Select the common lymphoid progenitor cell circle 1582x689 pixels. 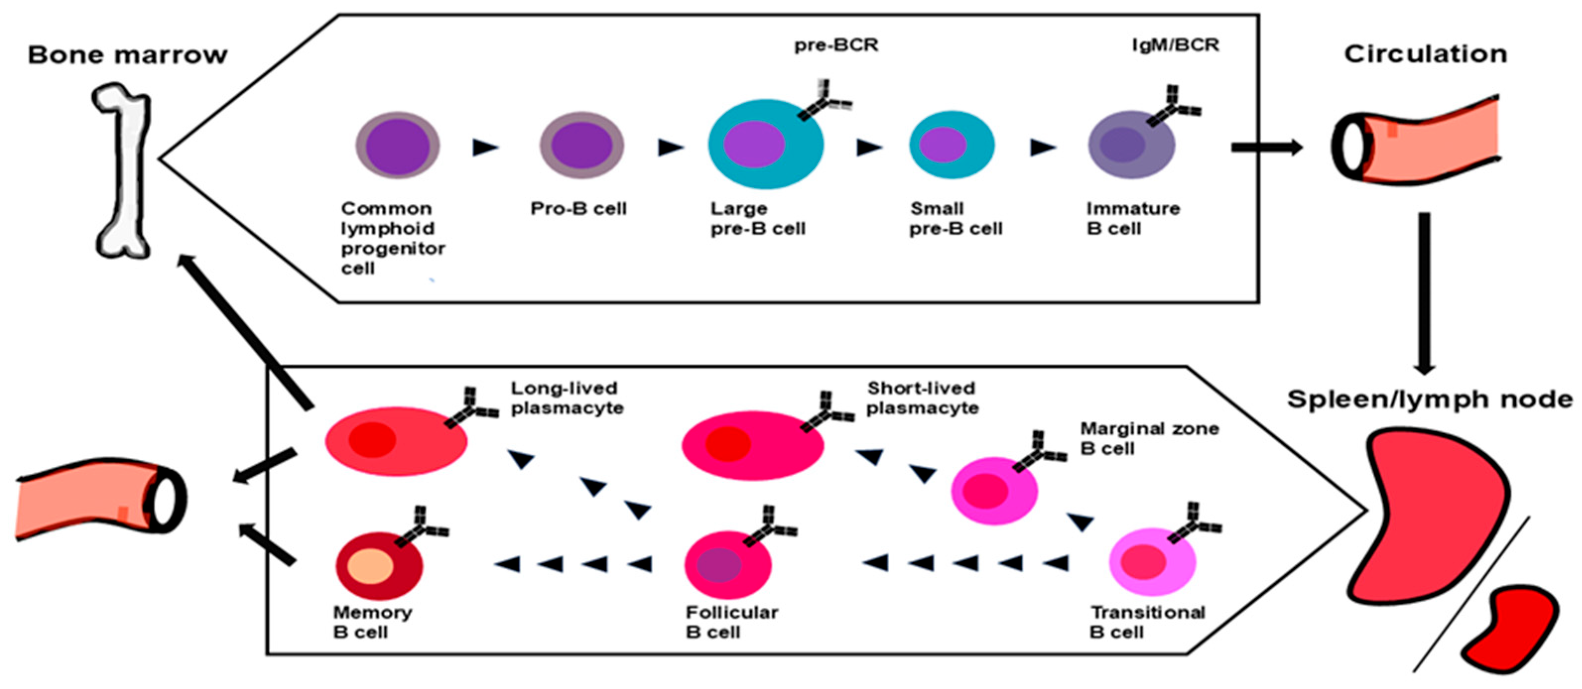pos(397,146)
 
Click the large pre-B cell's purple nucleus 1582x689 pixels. pos(753,144)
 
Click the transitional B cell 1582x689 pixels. pos(1152,562)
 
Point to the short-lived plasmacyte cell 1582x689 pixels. pos(752,445)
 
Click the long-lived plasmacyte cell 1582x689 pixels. pos(396,441)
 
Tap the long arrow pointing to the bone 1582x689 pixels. pos(245,332)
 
